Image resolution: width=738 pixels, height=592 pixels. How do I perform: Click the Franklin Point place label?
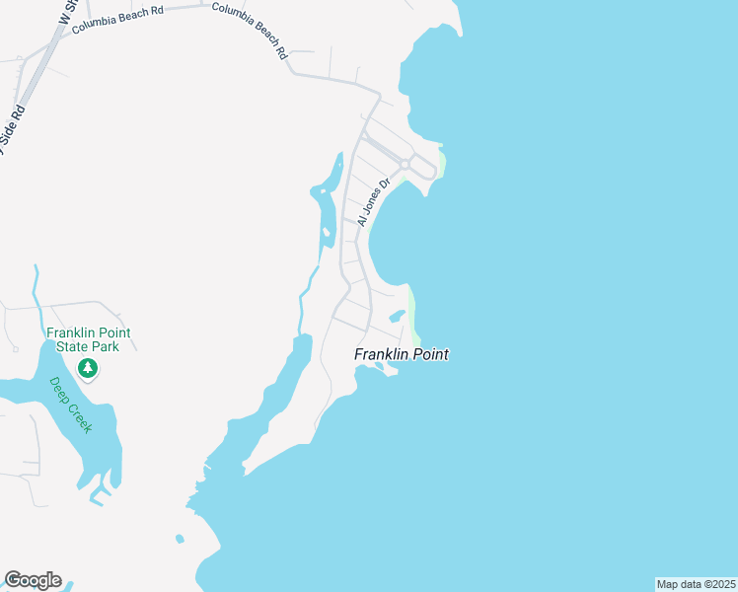click(402, 354)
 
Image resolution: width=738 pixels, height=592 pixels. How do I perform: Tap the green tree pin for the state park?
click(89, 369)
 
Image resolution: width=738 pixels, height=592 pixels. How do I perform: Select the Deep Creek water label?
click(71, 405)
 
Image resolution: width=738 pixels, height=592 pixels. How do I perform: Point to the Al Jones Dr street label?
click(375, 202)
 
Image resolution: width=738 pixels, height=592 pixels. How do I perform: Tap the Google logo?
click(33, 580)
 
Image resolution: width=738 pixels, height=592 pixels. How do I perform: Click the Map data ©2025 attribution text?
click(696, 584)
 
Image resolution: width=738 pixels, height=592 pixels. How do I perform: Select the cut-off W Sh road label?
click(68, 12)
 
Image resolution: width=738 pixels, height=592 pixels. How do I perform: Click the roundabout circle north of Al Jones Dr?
click(405, 164)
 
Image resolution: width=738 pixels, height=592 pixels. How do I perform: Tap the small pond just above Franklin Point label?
click(396, 317)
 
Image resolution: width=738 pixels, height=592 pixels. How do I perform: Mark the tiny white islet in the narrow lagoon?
click(326, 233)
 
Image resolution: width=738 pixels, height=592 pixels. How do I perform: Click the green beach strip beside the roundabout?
click(442, 163)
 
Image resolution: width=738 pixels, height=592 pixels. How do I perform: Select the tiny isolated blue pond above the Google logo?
click(180, 539)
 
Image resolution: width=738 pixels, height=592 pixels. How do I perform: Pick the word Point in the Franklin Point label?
click(430, 354)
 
